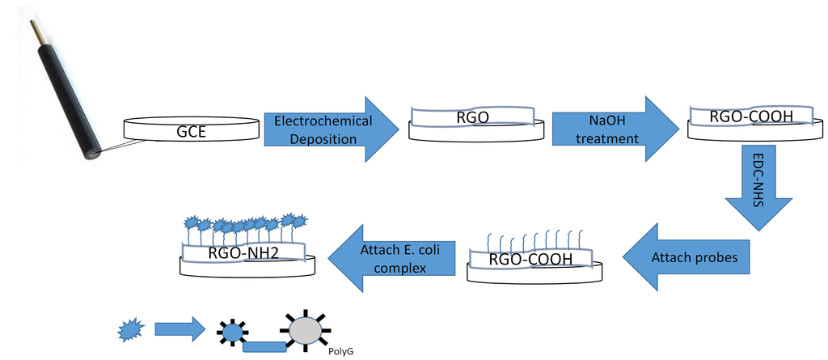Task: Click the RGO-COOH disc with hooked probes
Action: click(534, 260)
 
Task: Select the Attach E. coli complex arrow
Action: click(392, 257)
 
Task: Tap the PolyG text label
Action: click(341, 352)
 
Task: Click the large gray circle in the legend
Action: click(304, 331)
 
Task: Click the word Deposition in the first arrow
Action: click(323, 139)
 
